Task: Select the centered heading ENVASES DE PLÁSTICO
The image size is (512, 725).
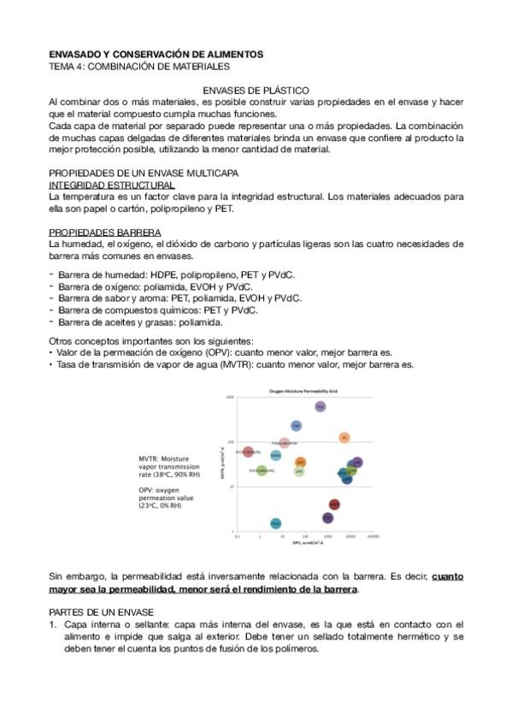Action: tap(256, 90)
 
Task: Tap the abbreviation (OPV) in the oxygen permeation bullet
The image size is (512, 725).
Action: tap(233, 351)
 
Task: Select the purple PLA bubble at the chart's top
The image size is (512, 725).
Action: tap(320, 407)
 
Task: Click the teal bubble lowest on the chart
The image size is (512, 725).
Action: tap(275, 523)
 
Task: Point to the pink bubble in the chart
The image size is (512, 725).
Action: tap(285, 443)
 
